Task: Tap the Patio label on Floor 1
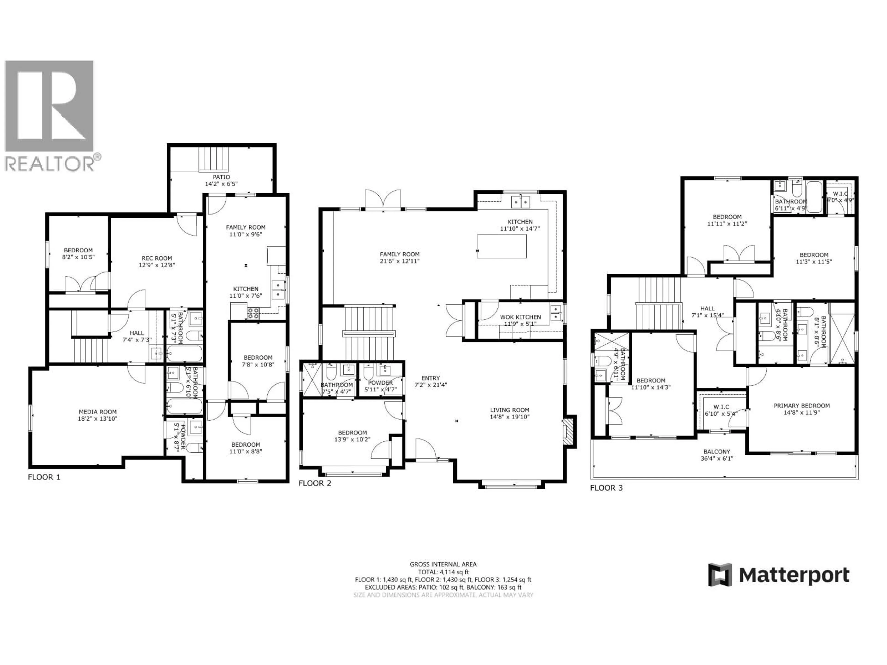point(221,177)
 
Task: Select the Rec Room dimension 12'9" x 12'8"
point(156,265)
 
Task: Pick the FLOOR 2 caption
point(315,483)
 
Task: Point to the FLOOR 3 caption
point(606,488)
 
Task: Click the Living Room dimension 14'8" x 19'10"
point(510,417)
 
